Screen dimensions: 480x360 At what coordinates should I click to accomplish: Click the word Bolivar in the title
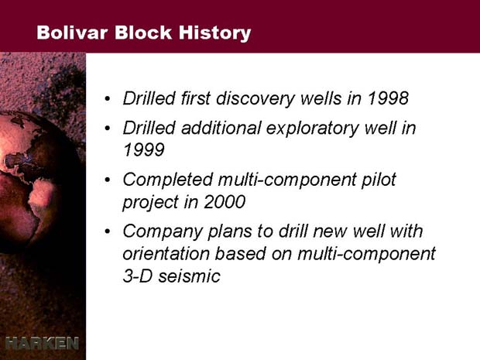tap(72, 33)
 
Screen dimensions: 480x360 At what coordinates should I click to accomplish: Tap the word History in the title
tap(215, 33)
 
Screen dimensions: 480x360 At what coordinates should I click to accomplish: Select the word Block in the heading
tap(143, 33)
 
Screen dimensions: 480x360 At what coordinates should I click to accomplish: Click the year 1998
tap(388, 98)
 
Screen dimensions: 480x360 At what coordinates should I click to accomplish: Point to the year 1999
tap(143, 149)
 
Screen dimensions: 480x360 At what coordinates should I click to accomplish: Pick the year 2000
tap(225, 202)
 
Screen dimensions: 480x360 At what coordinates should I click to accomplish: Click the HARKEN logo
tap(42, 343)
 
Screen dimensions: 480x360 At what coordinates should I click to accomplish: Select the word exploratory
tap(312, 129)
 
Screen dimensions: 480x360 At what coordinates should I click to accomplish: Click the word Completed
tap(168, 180)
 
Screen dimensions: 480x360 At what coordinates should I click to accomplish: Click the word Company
tap(163, 232)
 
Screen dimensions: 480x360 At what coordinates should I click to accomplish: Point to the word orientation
tap(166, 254)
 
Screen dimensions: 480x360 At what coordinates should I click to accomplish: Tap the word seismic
tap(189, 276)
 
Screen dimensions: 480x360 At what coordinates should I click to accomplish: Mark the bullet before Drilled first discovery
tap(107, 99)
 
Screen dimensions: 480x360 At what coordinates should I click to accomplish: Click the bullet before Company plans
tap(107, 231)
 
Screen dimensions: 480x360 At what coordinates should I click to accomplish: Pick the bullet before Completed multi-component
tap(107, 180)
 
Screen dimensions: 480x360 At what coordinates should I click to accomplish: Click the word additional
tap(221, 128)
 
